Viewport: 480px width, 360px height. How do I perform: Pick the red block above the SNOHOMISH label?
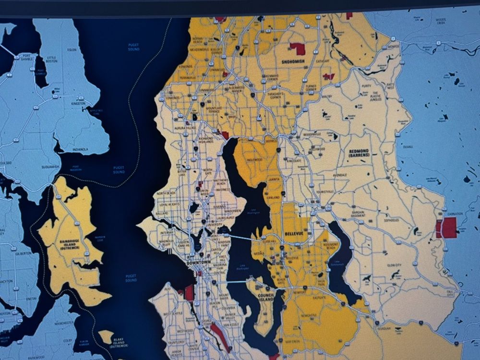(x=298, y=48)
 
